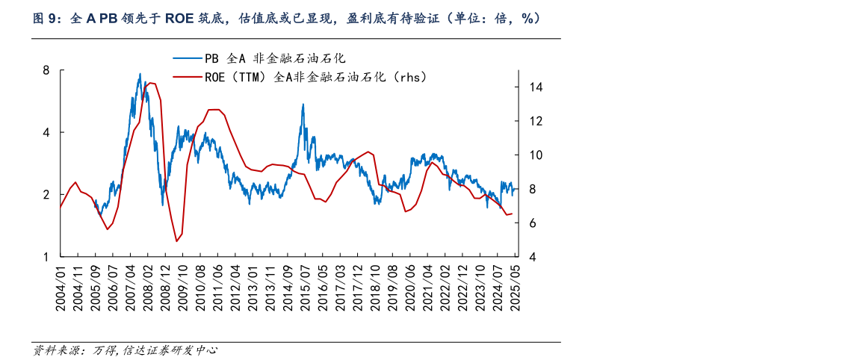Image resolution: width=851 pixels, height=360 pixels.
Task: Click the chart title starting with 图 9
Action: point(287,19)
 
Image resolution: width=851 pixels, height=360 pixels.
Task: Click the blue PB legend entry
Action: point(258,58)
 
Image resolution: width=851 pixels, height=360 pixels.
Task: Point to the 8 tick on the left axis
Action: point(46,70)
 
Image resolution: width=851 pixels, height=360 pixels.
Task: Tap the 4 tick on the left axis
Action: point(46,132)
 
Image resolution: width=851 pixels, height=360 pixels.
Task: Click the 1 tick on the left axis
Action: point(46,257)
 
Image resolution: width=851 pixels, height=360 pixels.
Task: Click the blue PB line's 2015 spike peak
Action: point(303,105)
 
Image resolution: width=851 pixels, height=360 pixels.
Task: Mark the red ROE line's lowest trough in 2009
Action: point(176,241)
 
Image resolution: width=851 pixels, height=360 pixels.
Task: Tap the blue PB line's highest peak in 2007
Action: point(140,74)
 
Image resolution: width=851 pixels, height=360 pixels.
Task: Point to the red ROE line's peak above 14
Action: point(150,83)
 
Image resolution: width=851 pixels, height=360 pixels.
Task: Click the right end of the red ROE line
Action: point(513,214)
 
